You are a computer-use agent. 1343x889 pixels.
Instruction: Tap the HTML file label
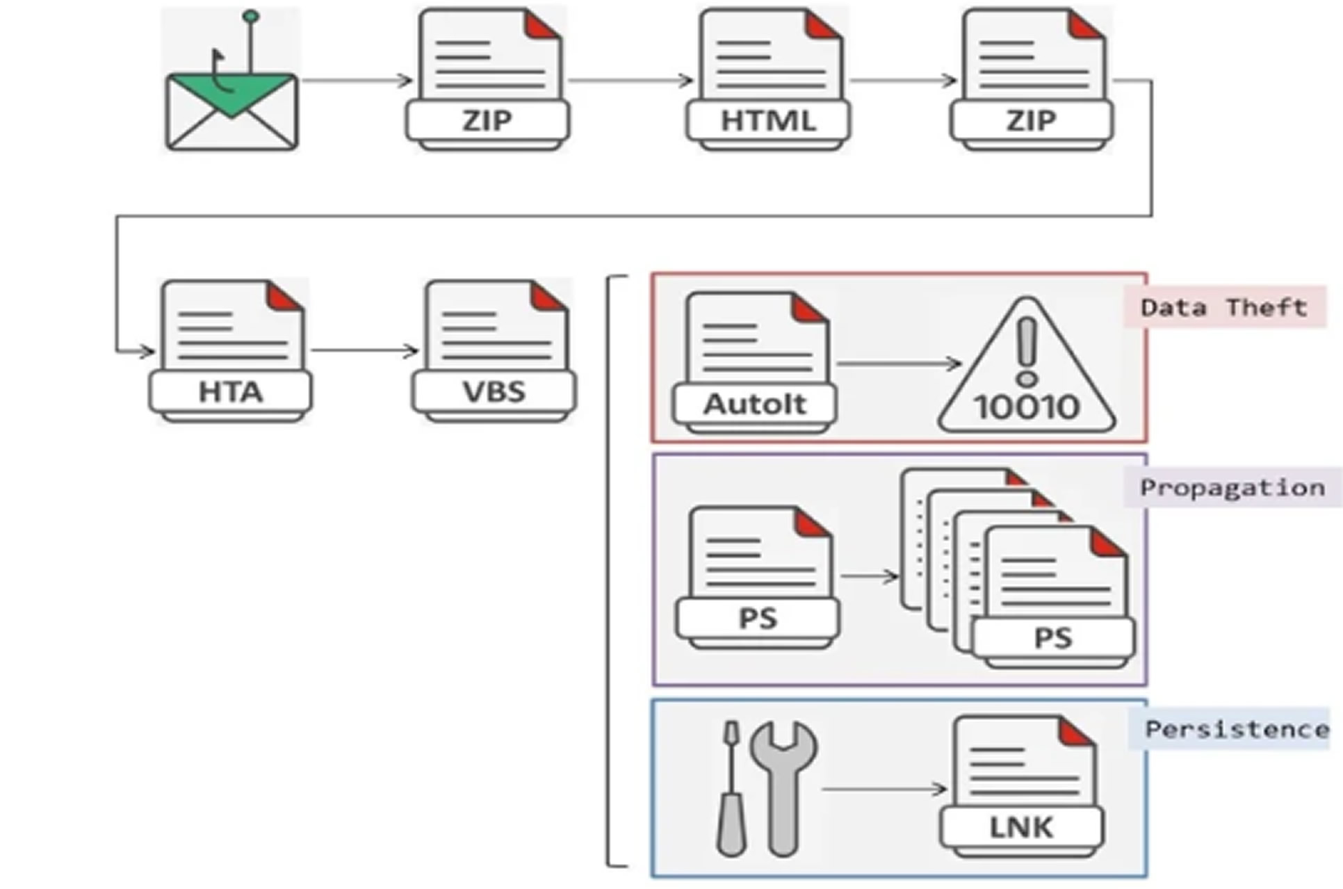pyautogui.click(x=767, y=121)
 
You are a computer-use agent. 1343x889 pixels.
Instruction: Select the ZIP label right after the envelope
pyautogui.click(x=487, y=121)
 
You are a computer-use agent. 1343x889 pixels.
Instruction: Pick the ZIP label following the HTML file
pyautogui.click(x=1032, y=121)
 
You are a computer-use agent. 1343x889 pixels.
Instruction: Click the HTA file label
pyautogui.click(x=230, y=392)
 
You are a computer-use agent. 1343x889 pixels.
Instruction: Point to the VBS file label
pyautogui.click(x=494, y=392)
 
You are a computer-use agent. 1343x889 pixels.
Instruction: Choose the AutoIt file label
pyautogui.click(x=755, y=404)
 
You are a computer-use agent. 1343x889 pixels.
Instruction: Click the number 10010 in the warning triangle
pyautogui.click(x=1027, y=407)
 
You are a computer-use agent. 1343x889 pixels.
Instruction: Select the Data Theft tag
pyautogui.click(x=1223, y=307)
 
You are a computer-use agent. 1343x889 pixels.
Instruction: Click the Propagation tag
pyautogui.click(x=1232, y=488)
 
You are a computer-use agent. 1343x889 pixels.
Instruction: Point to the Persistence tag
pyautogui.click(x=1237, y=729)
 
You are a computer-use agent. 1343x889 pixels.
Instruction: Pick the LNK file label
pyautogui.click(x=1021, y=827)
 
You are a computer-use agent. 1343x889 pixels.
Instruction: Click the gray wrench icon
pyautogui.click(x=783, y=786)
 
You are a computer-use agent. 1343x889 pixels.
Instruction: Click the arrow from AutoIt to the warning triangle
pyautogui.click(x=898, y=363)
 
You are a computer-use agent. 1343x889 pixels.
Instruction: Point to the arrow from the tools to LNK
pyautogui.click(x=884, y=789)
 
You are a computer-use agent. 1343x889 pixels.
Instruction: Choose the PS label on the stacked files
pyautogui.click(x=1053, y=638)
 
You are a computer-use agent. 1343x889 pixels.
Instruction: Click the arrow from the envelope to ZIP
pyautogui.click(x=357, y=81)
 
